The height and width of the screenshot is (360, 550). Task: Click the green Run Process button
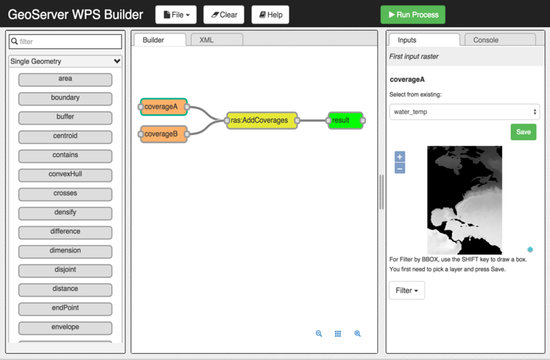coord(412,14)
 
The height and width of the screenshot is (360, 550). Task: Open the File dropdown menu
coord(176,14)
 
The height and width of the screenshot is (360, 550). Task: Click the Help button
coord(270,14)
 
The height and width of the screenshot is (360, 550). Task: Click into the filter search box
coord(65,42)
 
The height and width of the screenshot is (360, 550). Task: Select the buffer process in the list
coord(65,117)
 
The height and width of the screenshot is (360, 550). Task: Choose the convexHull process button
coord(65,175)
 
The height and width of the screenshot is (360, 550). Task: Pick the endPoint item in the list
coord(65,308)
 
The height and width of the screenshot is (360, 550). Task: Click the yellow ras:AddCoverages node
coord(262,121)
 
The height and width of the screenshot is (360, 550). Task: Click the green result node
coord(345,121)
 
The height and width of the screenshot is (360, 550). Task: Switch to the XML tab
coord(207,40)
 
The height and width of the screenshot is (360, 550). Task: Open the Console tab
coord(485,40)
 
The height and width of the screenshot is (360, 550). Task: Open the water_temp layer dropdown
coord(464,112)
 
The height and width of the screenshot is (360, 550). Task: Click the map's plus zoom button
coord(400,157)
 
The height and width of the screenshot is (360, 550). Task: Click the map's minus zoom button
coord(400,168)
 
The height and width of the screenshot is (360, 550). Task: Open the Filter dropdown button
coord(407,290)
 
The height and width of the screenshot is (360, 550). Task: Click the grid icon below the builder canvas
coord(338,334)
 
